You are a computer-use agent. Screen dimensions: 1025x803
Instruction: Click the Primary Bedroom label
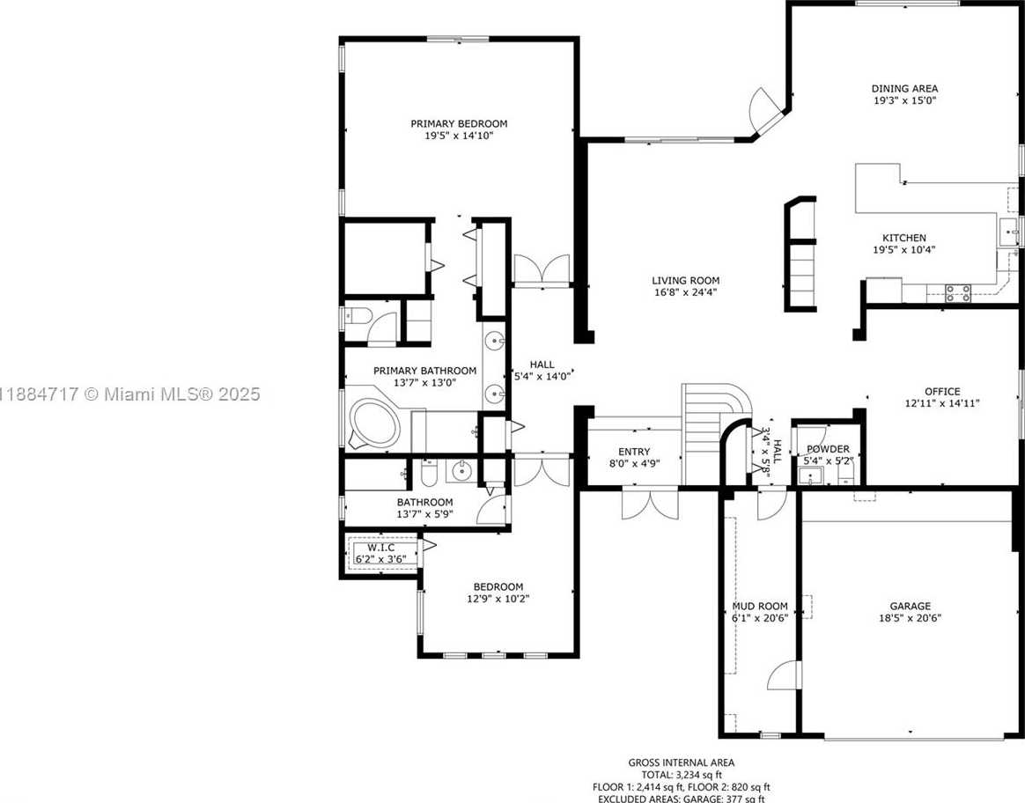coord(459,123)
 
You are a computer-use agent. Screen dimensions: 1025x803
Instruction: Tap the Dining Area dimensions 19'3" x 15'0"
coord(904,100)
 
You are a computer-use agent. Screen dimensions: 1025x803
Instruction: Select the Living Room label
coord(686,280)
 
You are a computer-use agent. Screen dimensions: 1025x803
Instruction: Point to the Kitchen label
coord(904,238)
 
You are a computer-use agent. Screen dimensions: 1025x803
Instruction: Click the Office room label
coord(942,391)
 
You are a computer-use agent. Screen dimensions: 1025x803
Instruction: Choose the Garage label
coord(910,606)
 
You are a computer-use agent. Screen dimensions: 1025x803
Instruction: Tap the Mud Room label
coord(760,606)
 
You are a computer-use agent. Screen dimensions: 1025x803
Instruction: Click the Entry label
coord(634,452)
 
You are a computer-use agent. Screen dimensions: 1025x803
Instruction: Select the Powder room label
coord(828,449)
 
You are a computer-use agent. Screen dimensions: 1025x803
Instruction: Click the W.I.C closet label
coord(380,548)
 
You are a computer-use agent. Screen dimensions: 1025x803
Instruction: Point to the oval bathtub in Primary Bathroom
coord(374,423)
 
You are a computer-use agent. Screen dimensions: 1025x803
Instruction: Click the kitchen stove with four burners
coord(958,292)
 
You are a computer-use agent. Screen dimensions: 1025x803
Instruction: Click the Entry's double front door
coord(651,504)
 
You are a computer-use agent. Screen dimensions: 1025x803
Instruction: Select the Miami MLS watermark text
coord(130,394)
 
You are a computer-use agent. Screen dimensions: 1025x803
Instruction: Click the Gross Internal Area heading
coord(682,762)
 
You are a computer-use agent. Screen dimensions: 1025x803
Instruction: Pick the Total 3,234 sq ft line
coord(682,775)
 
